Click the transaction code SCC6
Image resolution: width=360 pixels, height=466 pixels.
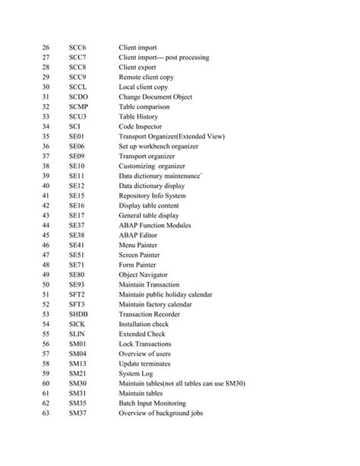click(77, 48)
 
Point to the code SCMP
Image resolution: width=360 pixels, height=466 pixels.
click(78, 107)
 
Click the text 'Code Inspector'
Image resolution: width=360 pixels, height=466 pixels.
click(142, 127)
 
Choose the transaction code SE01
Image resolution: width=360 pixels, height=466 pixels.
click(77, 137)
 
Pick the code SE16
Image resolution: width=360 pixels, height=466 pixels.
click(77, 206)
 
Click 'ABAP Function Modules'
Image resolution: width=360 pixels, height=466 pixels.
click(159, 226)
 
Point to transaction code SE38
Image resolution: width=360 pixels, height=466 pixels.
click(77, 236)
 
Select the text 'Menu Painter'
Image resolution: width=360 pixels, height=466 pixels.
click(139, 246)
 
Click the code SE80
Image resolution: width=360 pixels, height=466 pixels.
click(77, 275)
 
